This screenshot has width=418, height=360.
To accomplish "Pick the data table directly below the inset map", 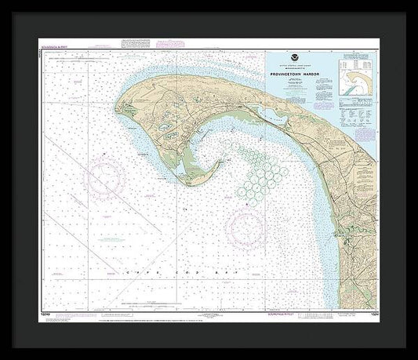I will (x=357, y=110).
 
